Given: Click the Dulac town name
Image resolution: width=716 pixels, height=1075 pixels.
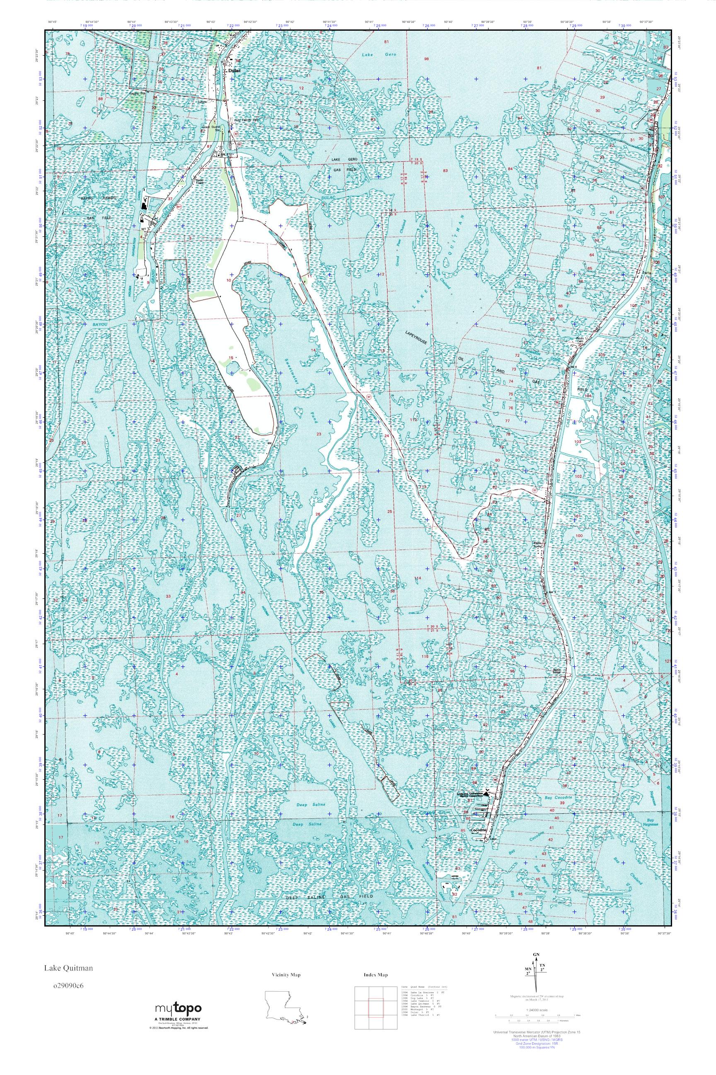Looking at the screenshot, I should pos(233,71).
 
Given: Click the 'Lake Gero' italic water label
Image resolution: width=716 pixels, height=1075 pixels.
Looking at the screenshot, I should pos(373,54).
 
